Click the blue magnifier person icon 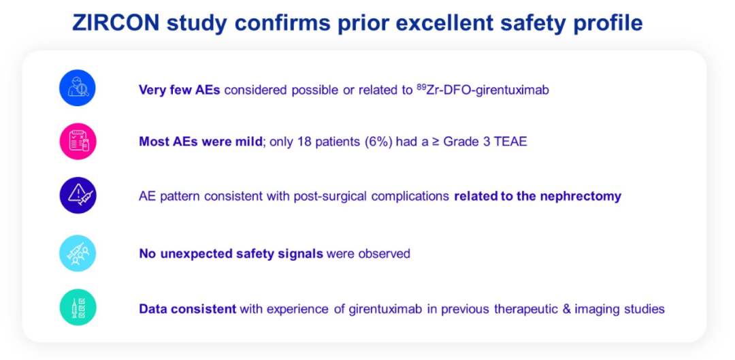[x=78, y=88]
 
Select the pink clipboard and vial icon [x=78, y=142]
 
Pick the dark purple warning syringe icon [x=78, y=195]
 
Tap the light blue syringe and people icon [x=78, y=253]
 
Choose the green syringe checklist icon [x=78, y=308]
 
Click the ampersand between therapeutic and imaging [x=573, y=310]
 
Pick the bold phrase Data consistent [x=188, y=310]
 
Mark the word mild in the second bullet [x=248, y=142]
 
